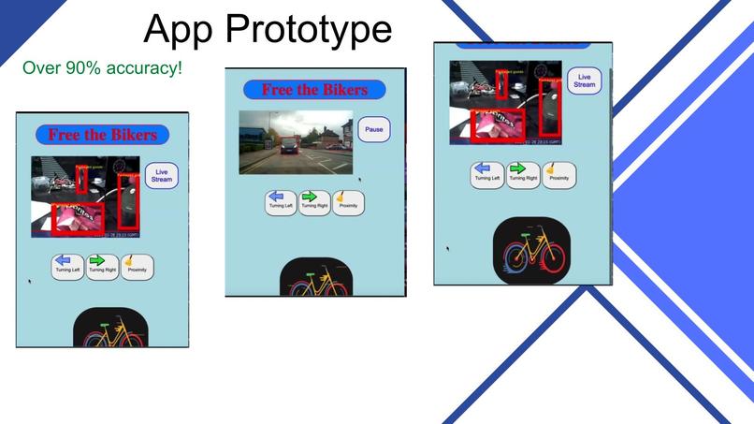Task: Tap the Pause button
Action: pyautogui.click(x=374, y=129)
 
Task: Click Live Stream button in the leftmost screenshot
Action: pyautogui.click(x=162, y=175)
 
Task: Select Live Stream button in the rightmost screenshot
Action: pyautogui.click(x=584, y=80)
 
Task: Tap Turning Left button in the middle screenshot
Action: pyautogui.click(x=281, y=202)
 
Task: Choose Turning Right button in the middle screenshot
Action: pyautogui.click(x=314, y=202)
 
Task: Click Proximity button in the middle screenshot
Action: pyautogui.click(x=348, y=202)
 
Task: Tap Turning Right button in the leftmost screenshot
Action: pyautogui.click(x=102, y=267)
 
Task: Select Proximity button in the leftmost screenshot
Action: pyautogui.click(x=137, y=267)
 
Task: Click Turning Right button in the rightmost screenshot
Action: pyautogui.click(x=524, y=174)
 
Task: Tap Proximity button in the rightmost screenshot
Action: pyautogui.click(x=559, y=174)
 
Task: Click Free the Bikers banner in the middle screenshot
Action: pyautogui.click(x=315, y=90)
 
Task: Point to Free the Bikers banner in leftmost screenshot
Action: pyautogui.click(x=103, y=135)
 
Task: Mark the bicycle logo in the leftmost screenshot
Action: pyautogui.click(x=110, y=331)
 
